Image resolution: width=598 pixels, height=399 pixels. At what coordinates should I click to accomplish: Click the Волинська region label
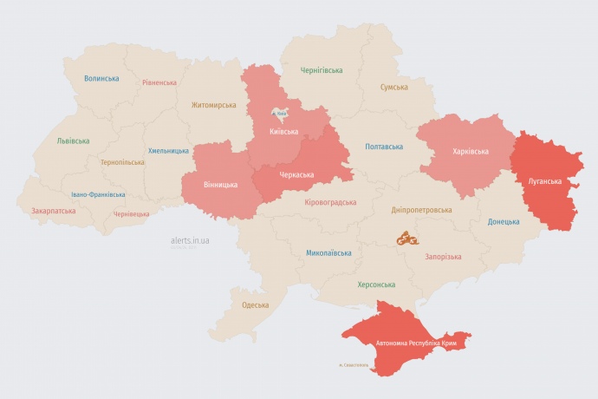(101, 78)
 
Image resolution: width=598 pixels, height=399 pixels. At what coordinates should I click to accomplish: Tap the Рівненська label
(159, 83)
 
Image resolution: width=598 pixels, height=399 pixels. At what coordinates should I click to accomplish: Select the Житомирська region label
(213, 105)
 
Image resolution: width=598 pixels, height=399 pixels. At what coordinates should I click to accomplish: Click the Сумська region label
(394, 88)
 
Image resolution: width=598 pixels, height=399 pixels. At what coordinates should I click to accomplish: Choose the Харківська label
(470, 151)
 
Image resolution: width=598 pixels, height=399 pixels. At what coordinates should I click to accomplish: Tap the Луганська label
(545, 181)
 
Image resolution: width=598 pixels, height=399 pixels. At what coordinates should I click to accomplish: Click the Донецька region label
(504, 221)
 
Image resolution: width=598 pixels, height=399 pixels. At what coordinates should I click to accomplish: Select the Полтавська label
(383, 147)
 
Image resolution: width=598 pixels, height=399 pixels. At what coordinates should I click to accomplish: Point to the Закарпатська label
(53, 211)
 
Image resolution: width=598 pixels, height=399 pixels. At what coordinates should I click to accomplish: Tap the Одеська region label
(255, 305)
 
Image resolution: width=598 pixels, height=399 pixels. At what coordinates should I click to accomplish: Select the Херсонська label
(376, 285)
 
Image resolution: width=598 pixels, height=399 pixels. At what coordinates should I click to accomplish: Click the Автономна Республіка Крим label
(416, 344)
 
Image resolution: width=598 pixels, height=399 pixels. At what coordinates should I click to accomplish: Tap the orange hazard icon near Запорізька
(408, 237)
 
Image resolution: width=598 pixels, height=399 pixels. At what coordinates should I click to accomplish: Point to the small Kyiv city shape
(281, 113)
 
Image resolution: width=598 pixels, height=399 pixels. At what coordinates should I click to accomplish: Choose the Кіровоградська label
(330, 202)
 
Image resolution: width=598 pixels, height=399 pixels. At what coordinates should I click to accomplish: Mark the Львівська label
(72, 141)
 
